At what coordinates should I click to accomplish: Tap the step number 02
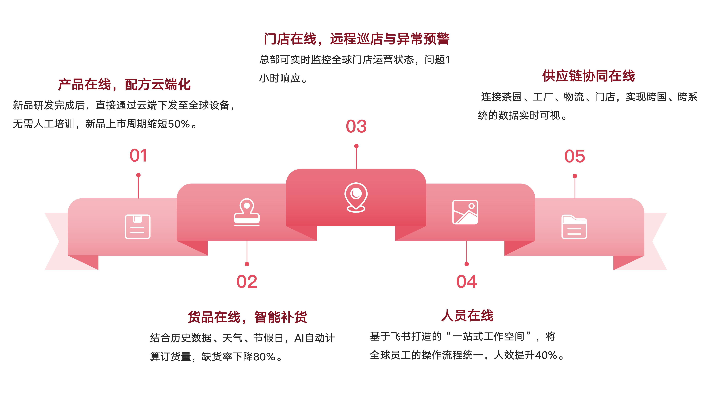point(247,282)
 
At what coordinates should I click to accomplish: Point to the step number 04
point(467,282)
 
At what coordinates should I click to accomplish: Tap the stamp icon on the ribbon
point(247,212)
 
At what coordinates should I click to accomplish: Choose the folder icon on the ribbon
point(574,227)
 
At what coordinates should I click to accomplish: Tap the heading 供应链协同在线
point(588,76)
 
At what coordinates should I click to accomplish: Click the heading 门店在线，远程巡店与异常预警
point(356,39)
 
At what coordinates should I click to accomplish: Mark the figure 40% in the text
point(546,355)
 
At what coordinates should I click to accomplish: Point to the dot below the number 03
point(356,146)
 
